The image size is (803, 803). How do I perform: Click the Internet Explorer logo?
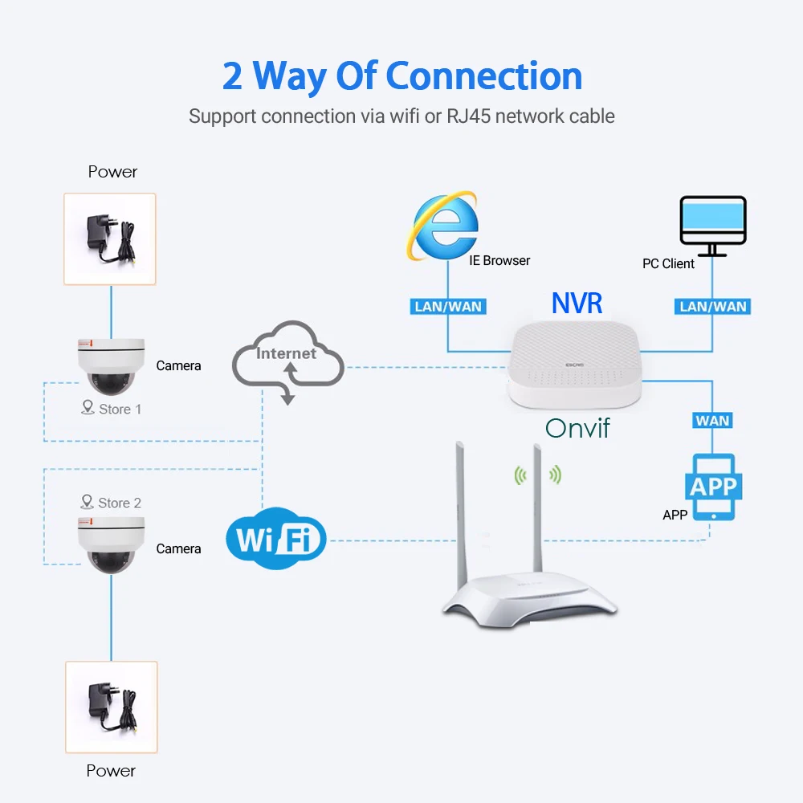pos(444,226)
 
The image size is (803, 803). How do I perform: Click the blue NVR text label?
pos(577,302)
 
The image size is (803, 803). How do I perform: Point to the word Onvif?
pos(577,427)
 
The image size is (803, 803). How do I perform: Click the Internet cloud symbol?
pos(287,361)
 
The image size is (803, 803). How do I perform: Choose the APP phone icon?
pos(713,487)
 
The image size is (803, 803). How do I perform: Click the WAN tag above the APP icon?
pos(712,420)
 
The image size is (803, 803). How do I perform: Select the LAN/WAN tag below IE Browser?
pos(446,306)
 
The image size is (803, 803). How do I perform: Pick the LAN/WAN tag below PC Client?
pos(713,306)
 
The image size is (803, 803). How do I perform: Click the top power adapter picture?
pos(111,238)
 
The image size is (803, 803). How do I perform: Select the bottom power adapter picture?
pos(111,707)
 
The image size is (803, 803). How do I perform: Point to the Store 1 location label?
pos(112,409)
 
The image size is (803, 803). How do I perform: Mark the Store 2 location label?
pos(112,503)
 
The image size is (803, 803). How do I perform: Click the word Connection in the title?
pos(484,75)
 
